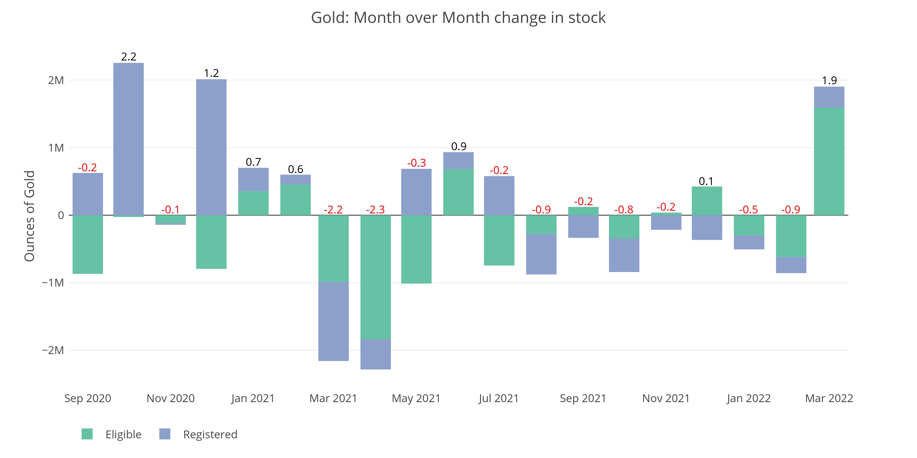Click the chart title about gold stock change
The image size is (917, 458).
(458, 18)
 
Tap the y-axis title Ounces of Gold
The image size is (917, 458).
(30, 216)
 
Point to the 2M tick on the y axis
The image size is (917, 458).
(56, 80)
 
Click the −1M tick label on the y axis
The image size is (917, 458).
(53, 283)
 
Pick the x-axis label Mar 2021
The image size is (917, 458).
(333, 398)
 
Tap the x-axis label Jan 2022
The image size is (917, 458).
(749, 398)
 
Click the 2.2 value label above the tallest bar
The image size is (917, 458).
(129, 57)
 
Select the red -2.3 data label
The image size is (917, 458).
(375, 210)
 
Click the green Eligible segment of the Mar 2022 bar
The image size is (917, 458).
(829, 161)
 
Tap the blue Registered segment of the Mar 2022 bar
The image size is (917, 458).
(829, 97)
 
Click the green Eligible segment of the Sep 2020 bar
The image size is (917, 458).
(88, 244)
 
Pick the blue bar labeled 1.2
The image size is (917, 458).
(211, 147)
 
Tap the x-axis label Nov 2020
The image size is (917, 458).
(171, 398)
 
